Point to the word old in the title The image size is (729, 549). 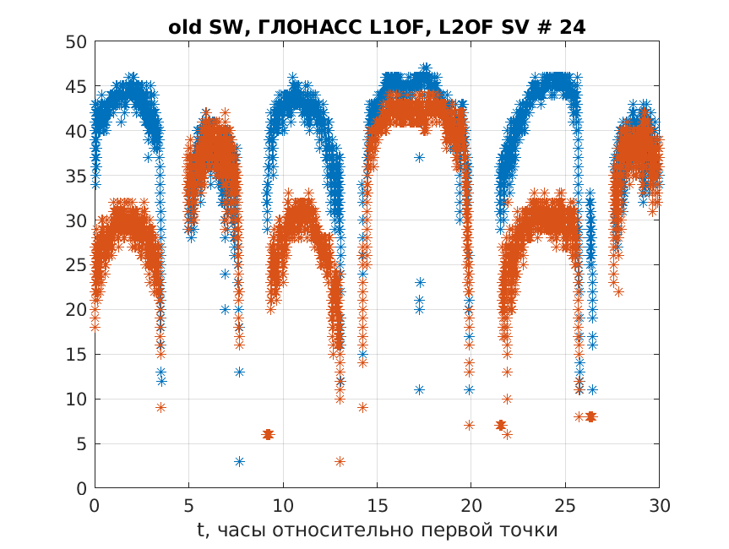tap(182, 27)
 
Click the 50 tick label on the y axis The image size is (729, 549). tap(76, 42)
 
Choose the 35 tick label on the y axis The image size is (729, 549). tap(76, 176)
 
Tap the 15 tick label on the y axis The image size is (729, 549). tap(76, 355)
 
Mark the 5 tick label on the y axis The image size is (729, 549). tap(82, 444)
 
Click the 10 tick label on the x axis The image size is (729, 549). tap(283, 505)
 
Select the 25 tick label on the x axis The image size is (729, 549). tap(565, 505)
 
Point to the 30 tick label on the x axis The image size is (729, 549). tap(659, 505)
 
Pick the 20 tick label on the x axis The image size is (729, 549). tap(471, 505)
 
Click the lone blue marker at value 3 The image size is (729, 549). tap(239, 461)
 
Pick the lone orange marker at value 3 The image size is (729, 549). tap(340, 461)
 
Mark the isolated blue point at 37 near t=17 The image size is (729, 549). tap(419, 158)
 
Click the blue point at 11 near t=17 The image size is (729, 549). tap(419, 390)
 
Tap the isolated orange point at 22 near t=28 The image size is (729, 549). tap(619, 291)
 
